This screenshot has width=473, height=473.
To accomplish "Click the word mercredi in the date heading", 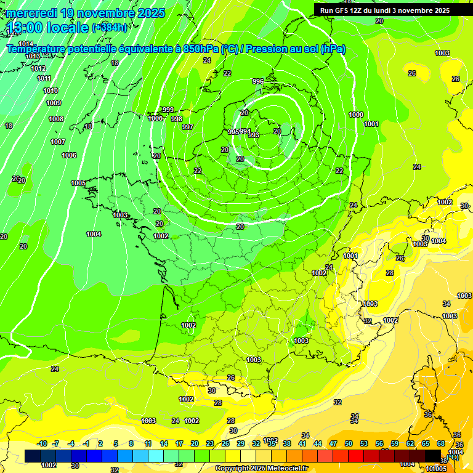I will tap(33, 13).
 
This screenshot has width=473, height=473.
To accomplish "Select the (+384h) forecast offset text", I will tap(110, 27).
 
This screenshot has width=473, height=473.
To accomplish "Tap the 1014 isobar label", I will tap(25, 44).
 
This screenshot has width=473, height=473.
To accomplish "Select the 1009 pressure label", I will tap(54, 103).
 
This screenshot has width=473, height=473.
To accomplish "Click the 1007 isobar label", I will tap(58, 142).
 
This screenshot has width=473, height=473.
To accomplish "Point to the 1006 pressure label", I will tap(69, 155).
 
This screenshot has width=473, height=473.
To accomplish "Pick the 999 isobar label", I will tap(168, 110).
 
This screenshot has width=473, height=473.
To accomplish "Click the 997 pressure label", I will tap(188, 127).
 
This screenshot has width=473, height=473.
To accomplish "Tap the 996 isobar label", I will tap(258, 81).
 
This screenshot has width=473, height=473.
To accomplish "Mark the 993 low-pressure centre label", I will tap(254, 135).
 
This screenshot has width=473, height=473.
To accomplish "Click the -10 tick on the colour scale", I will tap(42, 443).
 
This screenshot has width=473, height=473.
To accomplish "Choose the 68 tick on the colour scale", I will tap(441, 443).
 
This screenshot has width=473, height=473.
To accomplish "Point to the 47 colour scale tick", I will tap(333, 443).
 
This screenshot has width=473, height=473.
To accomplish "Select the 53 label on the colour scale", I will tap(364, 443).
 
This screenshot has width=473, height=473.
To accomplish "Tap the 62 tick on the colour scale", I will tap(410, 443).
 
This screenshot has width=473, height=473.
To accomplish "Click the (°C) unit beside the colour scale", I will tap(453, 456).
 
